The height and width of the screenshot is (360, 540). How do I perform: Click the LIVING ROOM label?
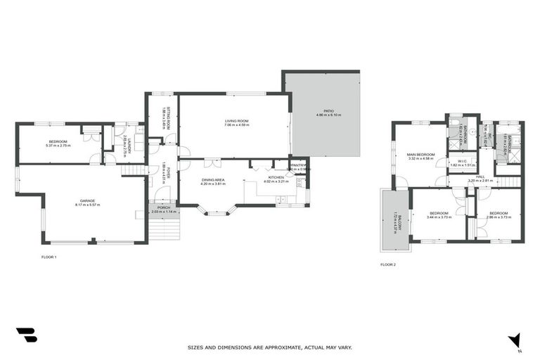point(237,121)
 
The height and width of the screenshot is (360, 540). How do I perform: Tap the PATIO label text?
point(328,110)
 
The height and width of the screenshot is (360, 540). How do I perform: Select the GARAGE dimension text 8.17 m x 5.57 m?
point(88,205)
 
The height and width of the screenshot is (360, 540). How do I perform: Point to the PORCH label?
point(163,207)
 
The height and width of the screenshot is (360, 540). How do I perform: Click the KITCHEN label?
point(276,176)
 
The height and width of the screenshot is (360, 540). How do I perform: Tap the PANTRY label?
point(297,165)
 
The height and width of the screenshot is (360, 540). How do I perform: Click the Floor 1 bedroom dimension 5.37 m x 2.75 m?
point(58,146)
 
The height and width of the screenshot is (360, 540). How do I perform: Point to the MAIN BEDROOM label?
point(420,154)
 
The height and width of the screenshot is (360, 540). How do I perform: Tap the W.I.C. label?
point(463,161)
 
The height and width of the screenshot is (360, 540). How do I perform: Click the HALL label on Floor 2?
point(482,176)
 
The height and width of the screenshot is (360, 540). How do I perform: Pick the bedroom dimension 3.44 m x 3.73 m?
point(439,217)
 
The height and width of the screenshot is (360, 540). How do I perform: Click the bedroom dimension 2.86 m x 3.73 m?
point(499,217)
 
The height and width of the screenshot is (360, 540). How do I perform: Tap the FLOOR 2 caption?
point(388,264)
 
